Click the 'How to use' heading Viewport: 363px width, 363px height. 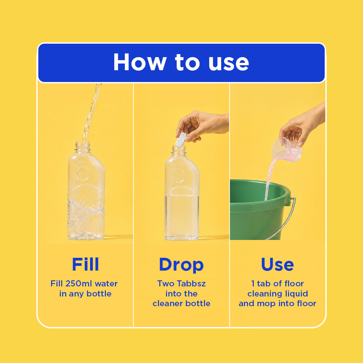(181, 62)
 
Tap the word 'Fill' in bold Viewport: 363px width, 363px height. (85, 264)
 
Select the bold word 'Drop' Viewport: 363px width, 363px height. (181, 265)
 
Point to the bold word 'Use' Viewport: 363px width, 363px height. (277, 264)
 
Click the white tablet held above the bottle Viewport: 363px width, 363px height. (181, 139)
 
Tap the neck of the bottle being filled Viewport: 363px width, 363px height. (83, 148)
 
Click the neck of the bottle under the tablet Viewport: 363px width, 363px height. (178, 151)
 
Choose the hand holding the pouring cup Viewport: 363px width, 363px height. (301, 125)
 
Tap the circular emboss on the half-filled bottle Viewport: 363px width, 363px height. (178, 176)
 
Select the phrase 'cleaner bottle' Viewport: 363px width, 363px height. (181, 303)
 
